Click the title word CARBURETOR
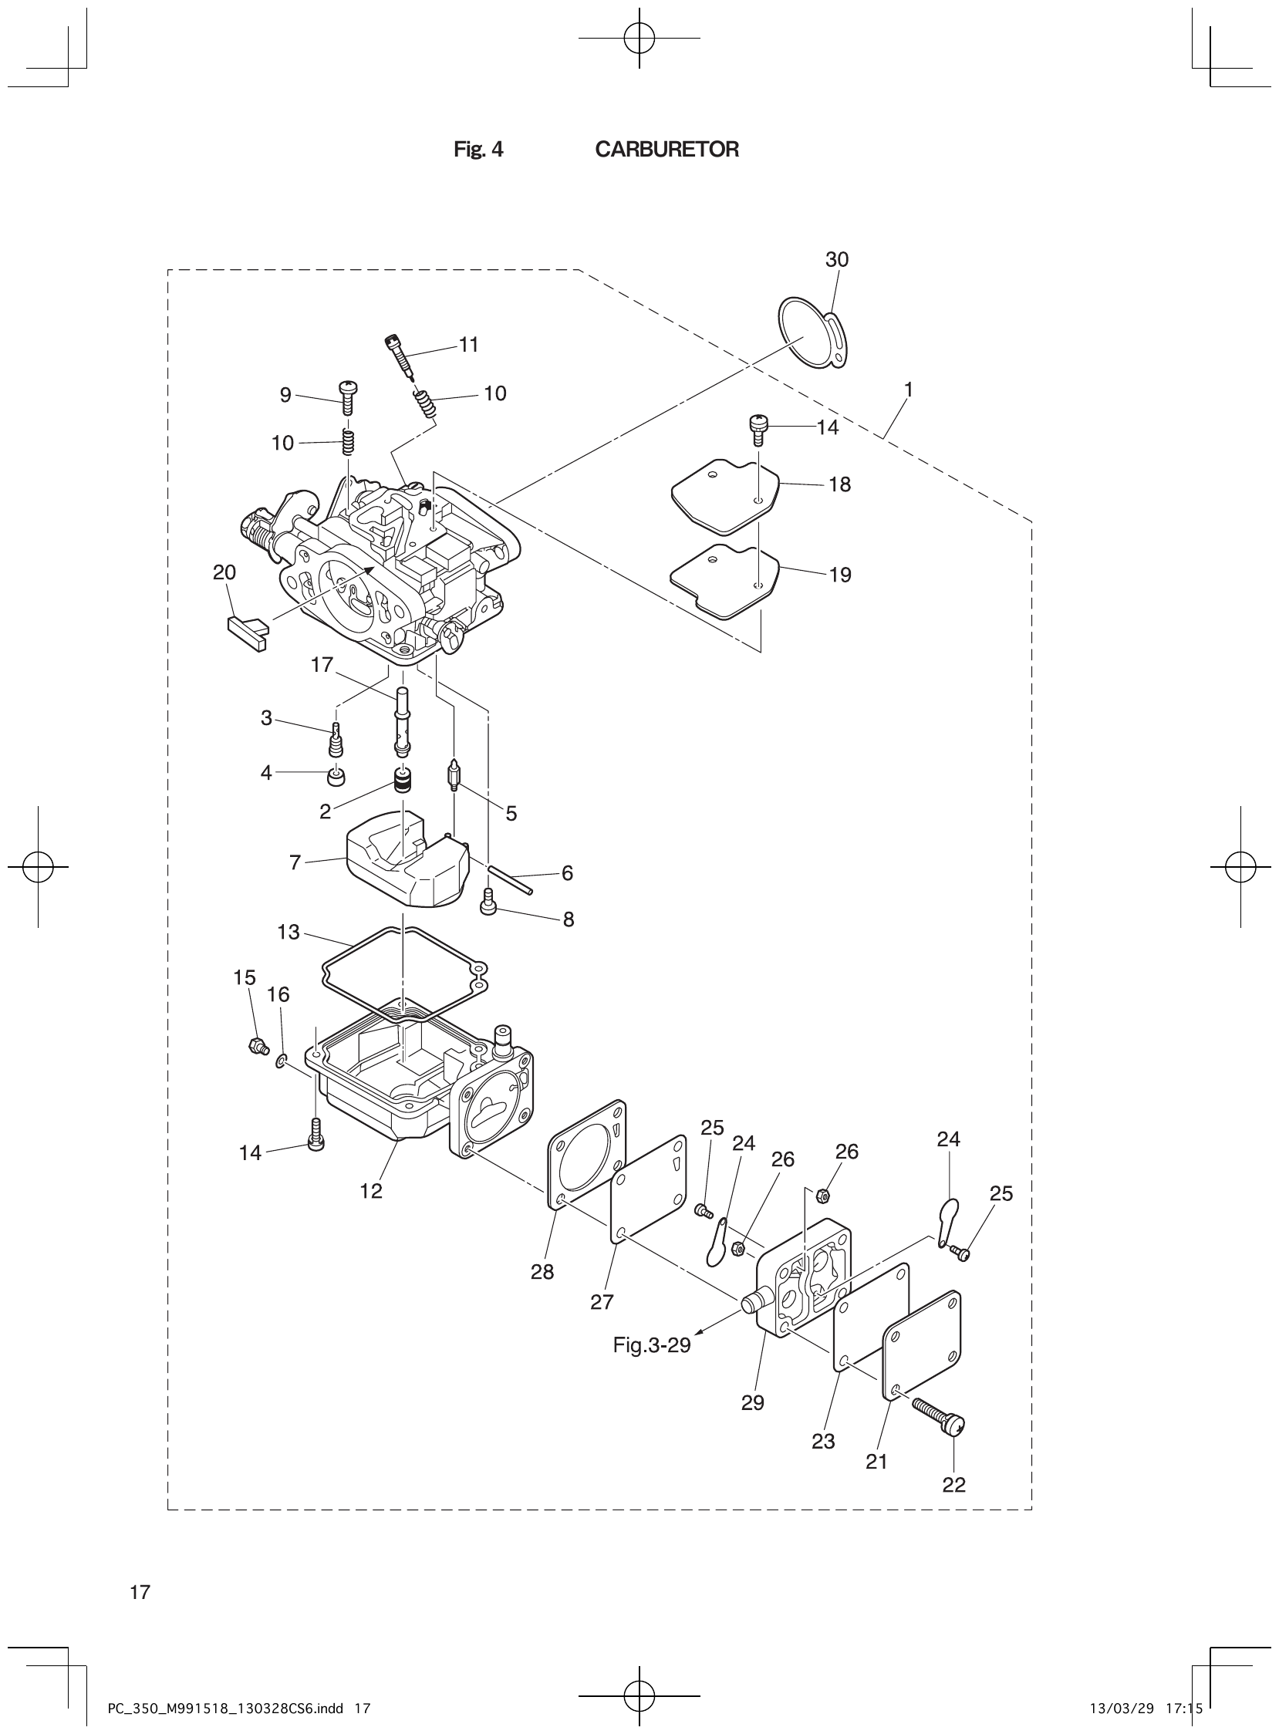click(x=666, y=150)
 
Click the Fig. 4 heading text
click(x=478, y=150)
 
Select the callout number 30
click(x=837, y=259)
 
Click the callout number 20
click(x=224, y=572)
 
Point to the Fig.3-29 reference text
click(x=651, y=1344)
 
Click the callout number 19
click(x=839, y=575)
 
